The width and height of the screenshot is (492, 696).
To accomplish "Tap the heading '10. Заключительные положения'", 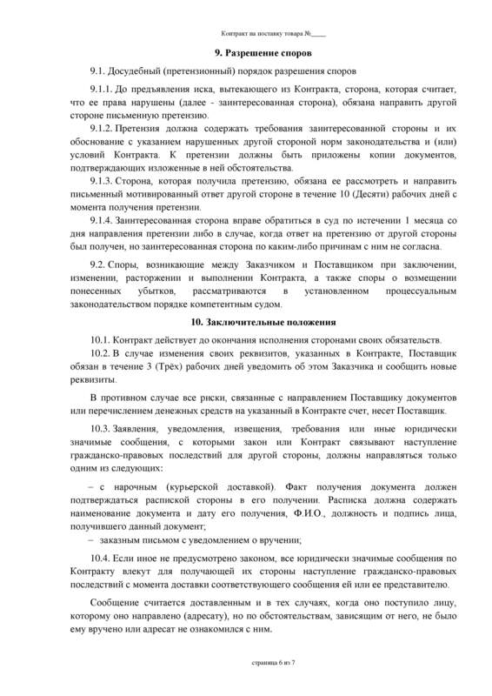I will coord(245,322).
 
